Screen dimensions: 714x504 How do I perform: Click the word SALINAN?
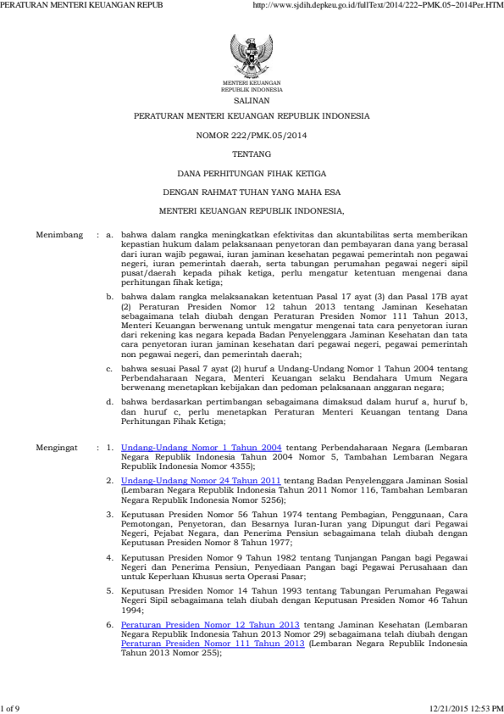coord(252,99)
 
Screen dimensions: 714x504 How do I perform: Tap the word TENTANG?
coord(252,153)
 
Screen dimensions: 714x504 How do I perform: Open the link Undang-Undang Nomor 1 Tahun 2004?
coord(202,445)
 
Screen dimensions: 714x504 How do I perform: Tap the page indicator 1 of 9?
coord(12,706)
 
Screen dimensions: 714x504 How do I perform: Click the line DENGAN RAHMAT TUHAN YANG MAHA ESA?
coord(252,190)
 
